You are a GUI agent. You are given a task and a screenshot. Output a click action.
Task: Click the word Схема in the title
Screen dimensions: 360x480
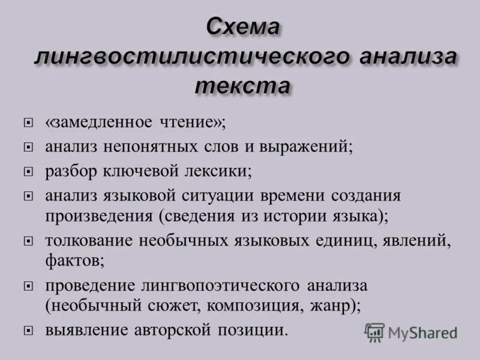(244, 28)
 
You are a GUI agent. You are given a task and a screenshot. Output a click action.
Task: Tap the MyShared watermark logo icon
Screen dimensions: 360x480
(374, 332)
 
